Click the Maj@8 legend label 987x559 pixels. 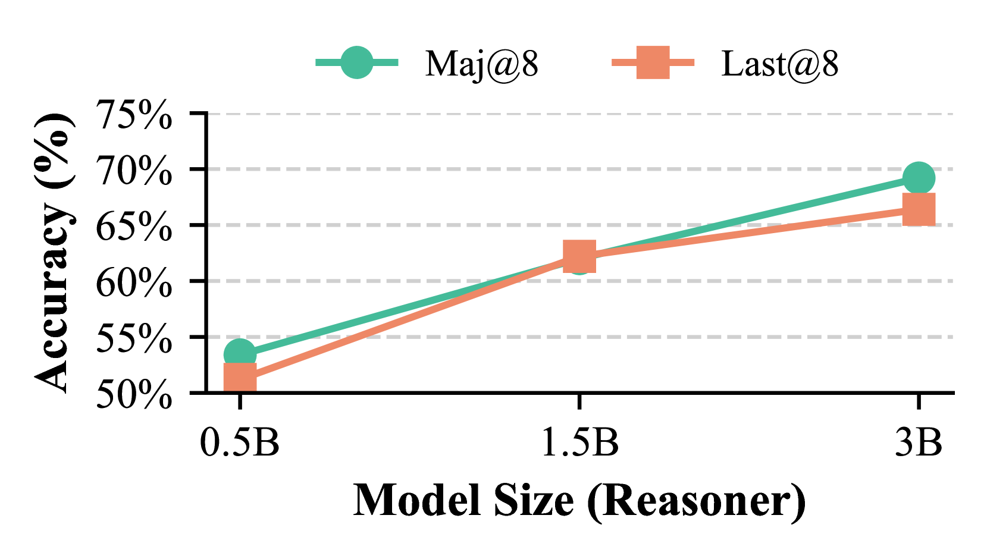click(x=481, y=64)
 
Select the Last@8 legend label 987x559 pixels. click(x=779, y=64)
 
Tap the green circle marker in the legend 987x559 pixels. click(x=356, y=62)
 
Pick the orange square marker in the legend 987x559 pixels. click(x=653, y=62)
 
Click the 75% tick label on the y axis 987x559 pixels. click(x=134, y=114)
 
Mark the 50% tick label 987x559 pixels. click(x=134, y=394)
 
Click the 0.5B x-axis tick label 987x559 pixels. click(x=239, y=443)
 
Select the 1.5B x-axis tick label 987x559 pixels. click(x=579, y=443)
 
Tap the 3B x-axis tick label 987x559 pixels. click(x=919, y=443)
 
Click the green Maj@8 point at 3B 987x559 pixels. click(x=919, y=178)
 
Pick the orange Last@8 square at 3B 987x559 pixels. click(x=919, y=209)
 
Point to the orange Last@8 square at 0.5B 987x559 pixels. click(x=239, y=378)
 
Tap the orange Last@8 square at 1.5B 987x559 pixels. click(x=579, y=256)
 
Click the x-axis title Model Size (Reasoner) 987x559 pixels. click(x=579, y=501)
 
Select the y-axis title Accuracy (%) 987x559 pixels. click(x=55, y=253)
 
